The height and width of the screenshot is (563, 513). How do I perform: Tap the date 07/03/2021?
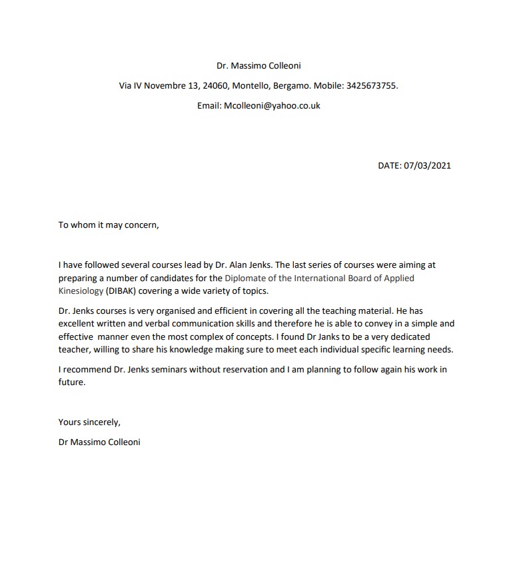(x=427, y=165)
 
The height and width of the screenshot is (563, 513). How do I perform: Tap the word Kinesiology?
(x=81, y=290)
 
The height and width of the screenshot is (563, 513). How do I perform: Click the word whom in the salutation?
(x=83, y=225)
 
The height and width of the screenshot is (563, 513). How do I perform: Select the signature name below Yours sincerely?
(x=99, y=442)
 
